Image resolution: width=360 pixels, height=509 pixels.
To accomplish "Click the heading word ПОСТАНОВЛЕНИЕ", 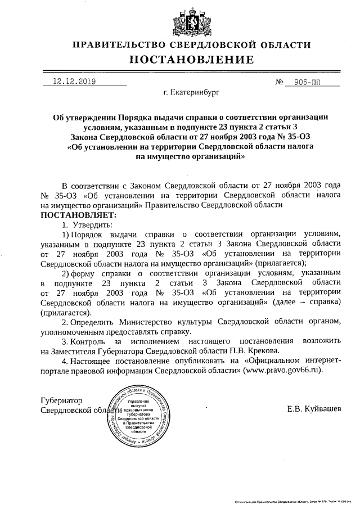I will (x=191, y=60).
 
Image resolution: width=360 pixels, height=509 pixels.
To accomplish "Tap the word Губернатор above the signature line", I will (x=62, y=400).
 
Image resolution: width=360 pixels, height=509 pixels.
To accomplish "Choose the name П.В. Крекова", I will (x=251, y=350).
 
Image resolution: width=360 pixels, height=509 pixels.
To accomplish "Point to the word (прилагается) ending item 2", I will (x=65, y=312).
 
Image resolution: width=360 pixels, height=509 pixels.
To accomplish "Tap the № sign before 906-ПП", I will (x=279, y=82).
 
